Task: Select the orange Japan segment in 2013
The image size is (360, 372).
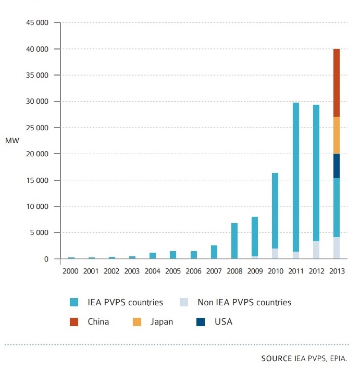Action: [x=337, y=135]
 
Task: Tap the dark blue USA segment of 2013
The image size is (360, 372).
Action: [x=337, y=166]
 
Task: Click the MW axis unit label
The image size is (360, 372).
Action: [x=11, y=141]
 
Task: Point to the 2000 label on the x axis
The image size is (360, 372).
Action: [x=71, y=271]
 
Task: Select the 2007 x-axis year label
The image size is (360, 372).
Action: [x=214, y=271]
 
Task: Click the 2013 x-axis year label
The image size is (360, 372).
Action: [x=337, y=271]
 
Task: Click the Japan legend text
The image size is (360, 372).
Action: [x=162, y=322]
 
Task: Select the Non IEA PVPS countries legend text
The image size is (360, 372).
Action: [x=244, y=302]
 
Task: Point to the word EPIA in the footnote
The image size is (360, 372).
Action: [x=338, y=359]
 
